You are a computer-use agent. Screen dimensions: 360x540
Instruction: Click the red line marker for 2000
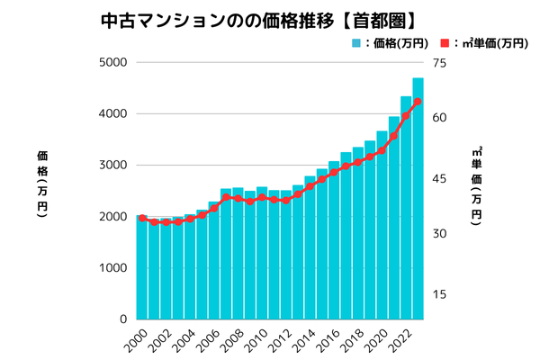point(142,218)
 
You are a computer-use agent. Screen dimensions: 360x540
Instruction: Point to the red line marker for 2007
point(226,197)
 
